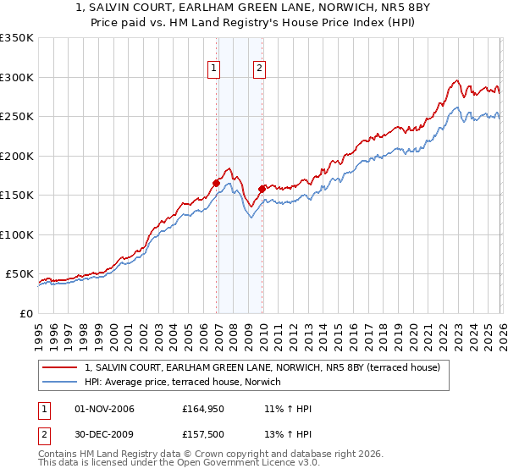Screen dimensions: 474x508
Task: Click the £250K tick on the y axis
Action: [17, 117]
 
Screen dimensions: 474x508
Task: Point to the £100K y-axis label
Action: [17, 234]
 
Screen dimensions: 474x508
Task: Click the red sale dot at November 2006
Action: [216, 183]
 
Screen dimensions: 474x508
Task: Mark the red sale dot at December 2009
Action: [262, 189]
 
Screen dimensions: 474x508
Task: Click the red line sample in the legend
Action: [61, 367]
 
